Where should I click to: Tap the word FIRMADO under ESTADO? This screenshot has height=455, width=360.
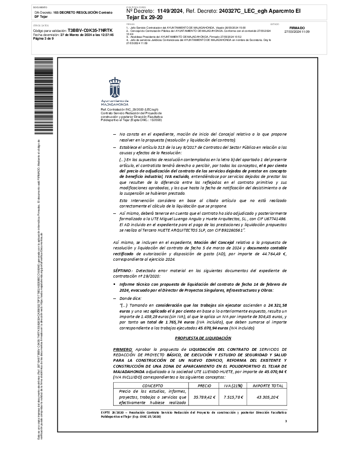tap(297, 28)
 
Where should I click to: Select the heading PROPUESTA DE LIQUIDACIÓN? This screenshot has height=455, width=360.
tap(203, 338)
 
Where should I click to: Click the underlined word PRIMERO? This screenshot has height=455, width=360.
tap(123, 348)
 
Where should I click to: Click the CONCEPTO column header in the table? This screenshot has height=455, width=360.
tap(152, 385)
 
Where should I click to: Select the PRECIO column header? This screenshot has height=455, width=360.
tap(205, 385)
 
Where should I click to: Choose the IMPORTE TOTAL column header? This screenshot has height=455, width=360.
tap(268, 385)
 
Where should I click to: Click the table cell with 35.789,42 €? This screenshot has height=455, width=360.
tap(205, 397)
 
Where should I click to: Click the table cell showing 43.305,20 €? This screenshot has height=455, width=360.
tap(268, 397)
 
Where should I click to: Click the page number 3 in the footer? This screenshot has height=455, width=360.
tap(285, 421)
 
